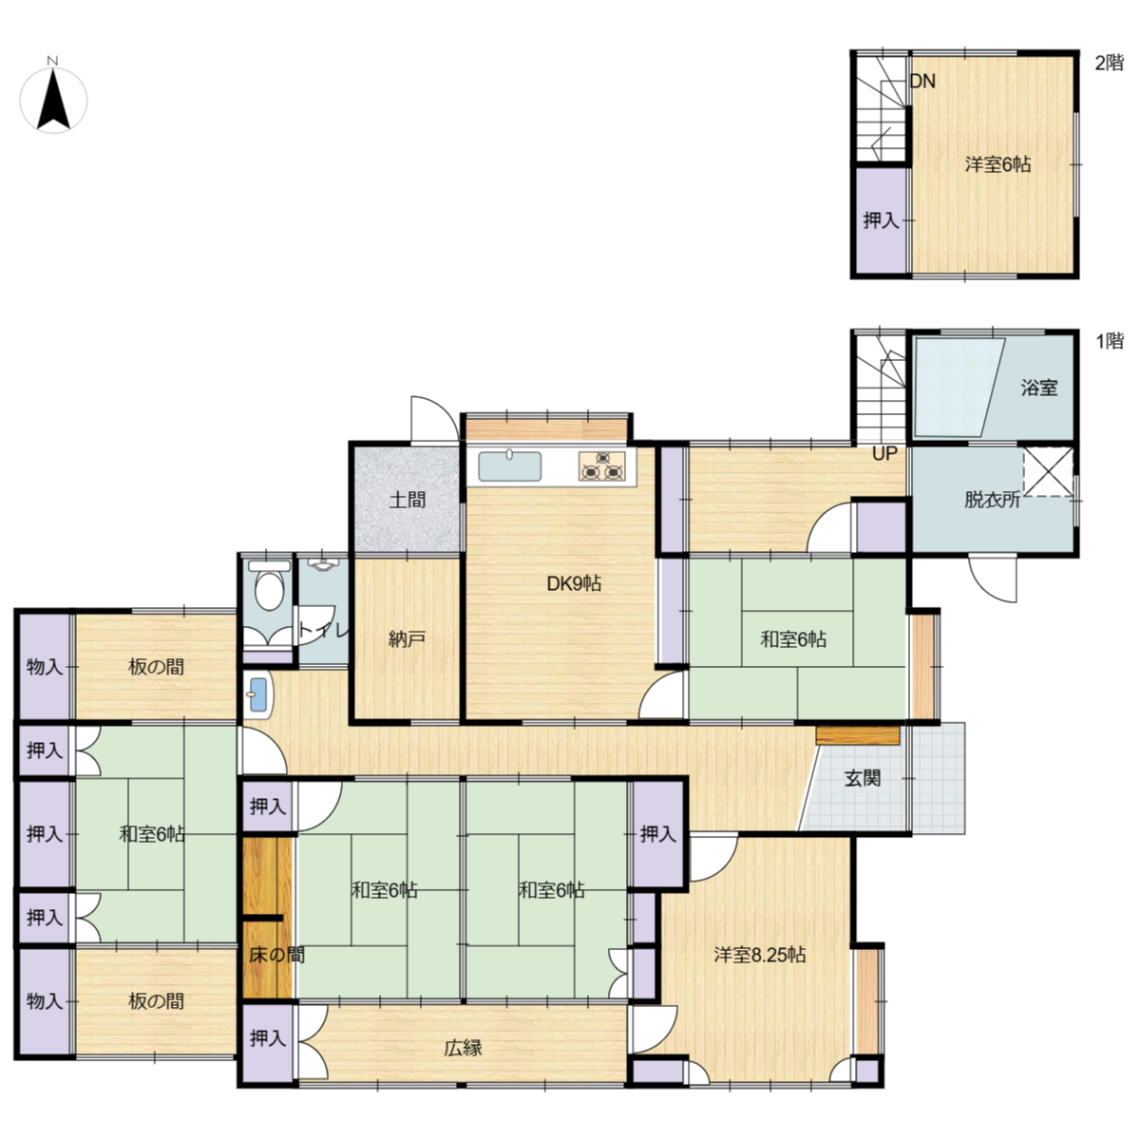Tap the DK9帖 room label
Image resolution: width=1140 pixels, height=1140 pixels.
(x=573, y=584)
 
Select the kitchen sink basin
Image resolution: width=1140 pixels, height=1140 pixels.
(x=509, y=466)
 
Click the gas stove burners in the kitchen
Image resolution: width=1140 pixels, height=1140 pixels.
(x=601, y=465)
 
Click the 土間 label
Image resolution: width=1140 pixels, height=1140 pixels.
(x=407, y=500)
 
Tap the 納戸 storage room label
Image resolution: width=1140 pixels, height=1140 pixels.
(x=407, y=639)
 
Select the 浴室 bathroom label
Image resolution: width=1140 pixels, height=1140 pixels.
(x=1039, y=388)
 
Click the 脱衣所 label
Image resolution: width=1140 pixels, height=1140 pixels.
(x=992, y=500)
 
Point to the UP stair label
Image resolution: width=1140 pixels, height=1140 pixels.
(x=884, y=454)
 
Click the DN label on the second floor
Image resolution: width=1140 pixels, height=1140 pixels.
(x=922, y=82)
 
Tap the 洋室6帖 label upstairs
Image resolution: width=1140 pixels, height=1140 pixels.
(x=997, y=164)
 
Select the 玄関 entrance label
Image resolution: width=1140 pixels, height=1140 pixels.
(x=863, y=779)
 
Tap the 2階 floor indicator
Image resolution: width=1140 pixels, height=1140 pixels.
(x=1110, y=63)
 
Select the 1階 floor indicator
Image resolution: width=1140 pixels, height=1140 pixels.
(x=1110, y=341)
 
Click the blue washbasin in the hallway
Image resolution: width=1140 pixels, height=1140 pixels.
(x=258, y=694)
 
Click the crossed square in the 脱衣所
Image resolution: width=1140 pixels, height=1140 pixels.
(x=1048, y=471)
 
